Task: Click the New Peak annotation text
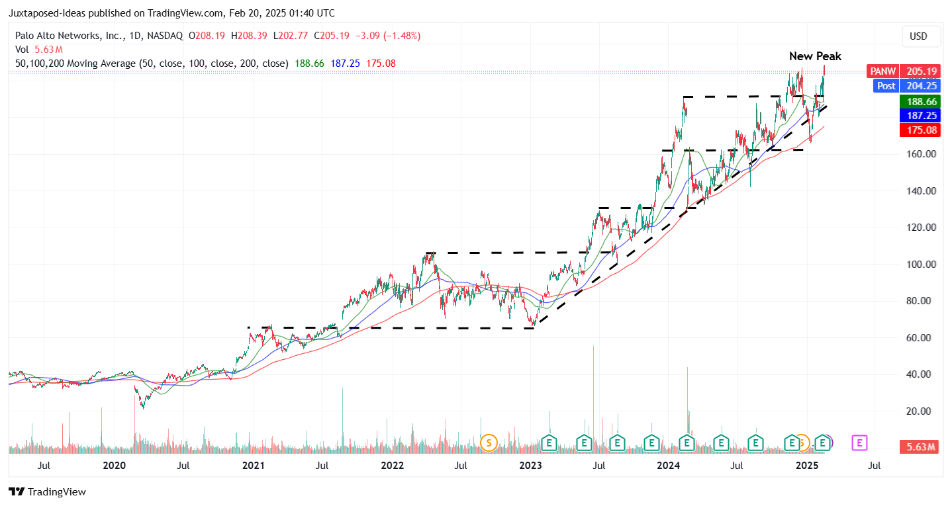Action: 815,56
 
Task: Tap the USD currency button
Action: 918,36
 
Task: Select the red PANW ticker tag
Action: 882,71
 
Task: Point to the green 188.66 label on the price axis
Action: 920,102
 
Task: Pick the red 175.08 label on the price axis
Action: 920,130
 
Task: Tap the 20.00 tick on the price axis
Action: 922,411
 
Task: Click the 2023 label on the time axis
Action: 530,466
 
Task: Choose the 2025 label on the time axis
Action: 806,466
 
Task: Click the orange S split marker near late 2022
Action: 489,442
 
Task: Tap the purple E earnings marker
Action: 859,442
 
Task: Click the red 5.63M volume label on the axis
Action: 920,447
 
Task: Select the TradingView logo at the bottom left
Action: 48,492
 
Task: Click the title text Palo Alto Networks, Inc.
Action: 68,36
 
